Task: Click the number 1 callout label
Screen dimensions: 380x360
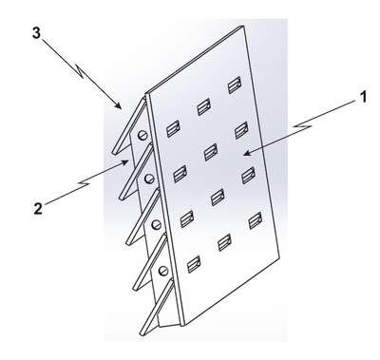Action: coord(364,97)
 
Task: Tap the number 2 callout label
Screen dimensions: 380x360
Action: coord(38,209)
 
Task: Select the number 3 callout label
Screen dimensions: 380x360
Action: coord(36,33)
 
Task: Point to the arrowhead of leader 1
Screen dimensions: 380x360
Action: coord(246,154)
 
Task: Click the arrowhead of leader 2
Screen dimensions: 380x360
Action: coord(126,162)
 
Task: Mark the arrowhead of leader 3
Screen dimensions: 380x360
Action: coord(119,106)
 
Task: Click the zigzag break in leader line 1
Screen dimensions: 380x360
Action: coord(302,126)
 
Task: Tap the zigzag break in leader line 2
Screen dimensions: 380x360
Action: coord(85,183)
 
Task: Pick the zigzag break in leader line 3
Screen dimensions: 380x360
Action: coord(79,71)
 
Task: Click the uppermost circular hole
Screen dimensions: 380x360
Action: coord(142,135)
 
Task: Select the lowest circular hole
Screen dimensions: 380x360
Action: coord(163,271)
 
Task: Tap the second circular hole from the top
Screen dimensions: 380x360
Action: coord(148,180)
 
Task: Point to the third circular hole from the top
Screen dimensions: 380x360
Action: coord(156,225)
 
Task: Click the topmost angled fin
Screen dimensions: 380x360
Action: coord(129,126)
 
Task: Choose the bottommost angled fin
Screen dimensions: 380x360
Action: coord(157,307)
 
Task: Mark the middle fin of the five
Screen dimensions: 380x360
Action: coord(143,217)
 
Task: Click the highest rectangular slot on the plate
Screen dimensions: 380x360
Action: coord(235,85)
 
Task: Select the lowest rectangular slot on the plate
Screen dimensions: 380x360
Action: coord(194,264)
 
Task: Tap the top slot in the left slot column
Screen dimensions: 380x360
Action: coord(173,128)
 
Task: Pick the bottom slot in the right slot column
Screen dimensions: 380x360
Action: coord(256,220)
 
